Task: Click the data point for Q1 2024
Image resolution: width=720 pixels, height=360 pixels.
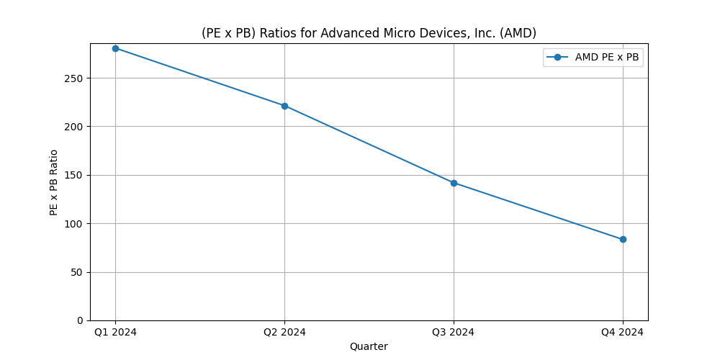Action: click(115, 48)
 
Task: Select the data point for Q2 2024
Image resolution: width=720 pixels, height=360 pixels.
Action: click(284, 106)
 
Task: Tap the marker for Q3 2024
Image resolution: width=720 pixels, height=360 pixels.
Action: click(454, 183)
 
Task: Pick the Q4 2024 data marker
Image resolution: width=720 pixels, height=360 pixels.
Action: click(623, 239)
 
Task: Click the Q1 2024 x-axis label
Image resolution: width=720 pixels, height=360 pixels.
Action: click(115, 332)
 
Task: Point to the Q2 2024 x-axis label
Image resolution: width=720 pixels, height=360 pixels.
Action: click(284, 332)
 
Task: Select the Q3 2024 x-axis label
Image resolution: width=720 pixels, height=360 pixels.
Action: click(454, 332)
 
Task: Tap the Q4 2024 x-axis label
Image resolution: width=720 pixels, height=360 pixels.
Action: click(623, 332)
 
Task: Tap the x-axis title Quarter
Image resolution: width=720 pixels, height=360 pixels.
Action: click(369, 346)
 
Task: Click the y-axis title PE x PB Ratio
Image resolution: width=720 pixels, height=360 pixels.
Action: click(54, 182)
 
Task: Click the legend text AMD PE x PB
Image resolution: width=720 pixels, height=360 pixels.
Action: click(606, 58)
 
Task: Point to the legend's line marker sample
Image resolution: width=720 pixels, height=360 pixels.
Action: click(558, 58)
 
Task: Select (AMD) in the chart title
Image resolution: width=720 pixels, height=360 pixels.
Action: click(520, 33)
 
